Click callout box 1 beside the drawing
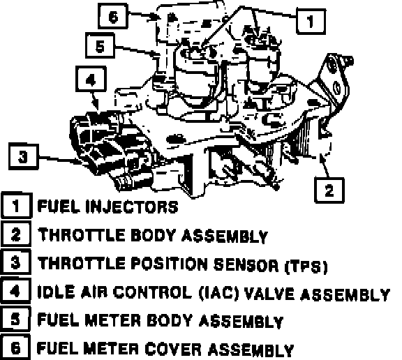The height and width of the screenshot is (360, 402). pyautogui.click(x=311, y=21)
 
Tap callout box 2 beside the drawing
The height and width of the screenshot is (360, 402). pyautogui.click(x=329, y=190)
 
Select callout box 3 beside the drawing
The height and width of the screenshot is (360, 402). pyautogui.click(x=24, y=156)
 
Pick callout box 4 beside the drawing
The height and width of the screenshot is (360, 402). pyautogui.click(x=91, y=79)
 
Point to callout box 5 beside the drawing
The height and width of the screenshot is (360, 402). pyautogui.click(x=100, y=45)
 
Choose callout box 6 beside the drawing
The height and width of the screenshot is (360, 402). pyautogui.click(x=113, y=16)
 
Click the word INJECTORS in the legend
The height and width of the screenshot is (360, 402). pyautogui.click(x=132, y=207)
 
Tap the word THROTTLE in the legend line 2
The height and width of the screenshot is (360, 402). pyautogui.click(x=81, y=234)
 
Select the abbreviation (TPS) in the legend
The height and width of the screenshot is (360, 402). pyautogui.click(x=306, y=267)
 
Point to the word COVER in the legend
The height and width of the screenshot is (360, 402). pyautogui.click(x=173, y=349)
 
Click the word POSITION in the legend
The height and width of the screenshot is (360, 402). pyautogui.click(x=170, y=264)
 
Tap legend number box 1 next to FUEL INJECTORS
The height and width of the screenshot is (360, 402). pyautogui.click(x=16, y=206)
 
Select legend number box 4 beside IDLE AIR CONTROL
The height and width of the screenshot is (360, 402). pyautogui.click(x=15, y=291)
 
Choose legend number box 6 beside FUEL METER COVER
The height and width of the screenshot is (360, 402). pyautogui.click(x=15, y=347)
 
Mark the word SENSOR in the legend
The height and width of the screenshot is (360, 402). pyautogui.click(x=246, y=265)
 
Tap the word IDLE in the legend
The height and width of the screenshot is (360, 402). pyautogui.click(x=57, y=292)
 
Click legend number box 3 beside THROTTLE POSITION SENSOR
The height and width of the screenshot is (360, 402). pyautogui.click(x=15, y=262)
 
